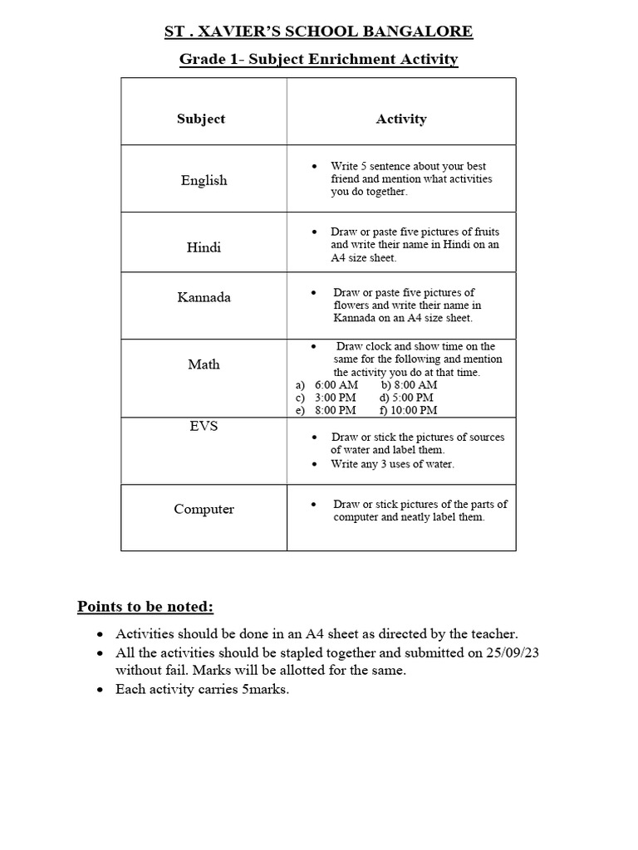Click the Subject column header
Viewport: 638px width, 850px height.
point(201,119)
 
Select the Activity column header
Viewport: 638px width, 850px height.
point(401,119)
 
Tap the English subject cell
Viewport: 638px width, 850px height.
point(204,180)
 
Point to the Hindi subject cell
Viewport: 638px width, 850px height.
point(204,247)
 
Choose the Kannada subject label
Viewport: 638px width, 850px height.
point(204,297)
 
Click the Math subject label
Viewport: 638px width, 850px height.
point(204,364)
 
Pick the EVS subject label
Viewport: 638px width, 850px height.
point(204,426)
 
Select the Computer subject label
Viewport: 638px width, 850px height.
point(204,509)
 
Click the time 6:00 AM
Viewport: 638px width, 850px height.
point(336,385)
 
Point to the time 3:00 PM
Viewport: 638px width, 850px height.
point(335,398)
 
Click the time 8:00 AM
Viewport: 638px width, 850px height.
point(415,385)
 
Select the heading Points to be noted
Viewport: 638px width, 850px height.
point(145,607)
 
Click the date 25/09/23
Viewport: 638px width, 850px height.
point(515,653)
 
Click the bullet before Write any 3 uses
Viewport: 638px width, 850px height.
point(313,465)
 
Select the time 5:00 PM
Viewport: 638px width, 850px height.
point(413,398)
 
